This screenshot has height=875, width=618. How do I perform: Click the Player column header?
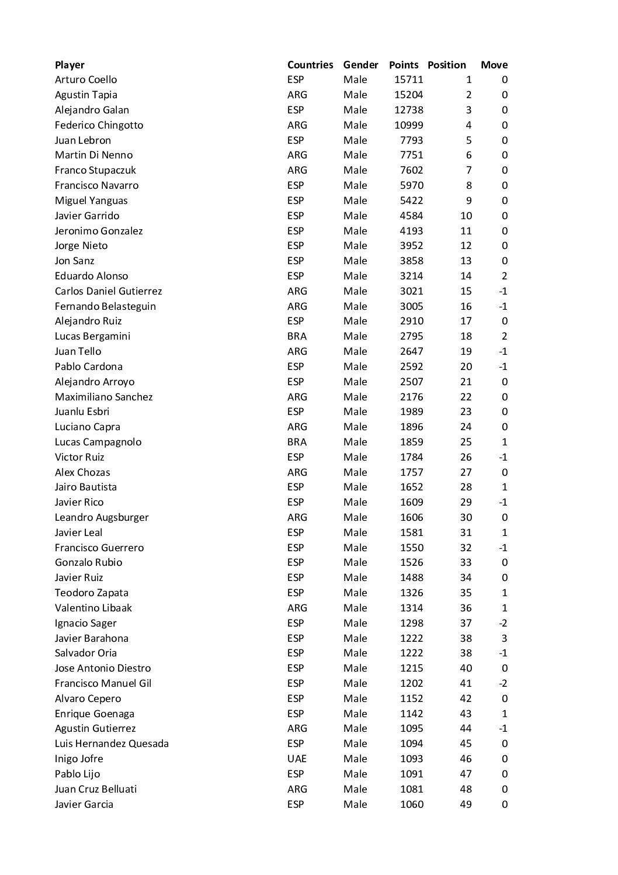(x=70, y=65)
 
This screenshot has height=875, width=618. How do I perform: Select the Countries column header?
(x=310, y=65)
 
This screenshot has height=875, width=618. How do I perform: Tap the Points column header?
(x=404, y=65)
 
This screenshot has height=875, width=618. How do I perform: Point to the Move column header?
(x=494, y=65)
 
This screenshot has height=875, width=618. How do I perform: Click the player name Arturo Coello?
(x=86, y=79)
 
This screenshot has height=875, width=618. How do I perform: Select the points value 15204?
(x=408, y=95)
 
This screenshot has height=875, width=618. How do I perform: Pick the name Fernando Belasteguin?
(x=105, y=306)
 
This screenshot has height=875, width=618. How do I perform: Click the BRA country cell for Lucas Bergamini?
(x=297, y=336)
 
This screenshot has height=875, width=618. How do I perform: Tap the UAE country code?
(x=297, y=759)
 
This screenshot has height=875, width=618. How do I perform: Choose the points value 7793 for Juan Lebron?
(x=411, y=140)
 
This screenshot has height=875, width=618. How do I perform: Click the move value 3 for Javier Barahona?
(x=504, y=638)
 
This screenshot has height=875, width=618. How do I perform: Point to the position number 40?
(x=466, y=668)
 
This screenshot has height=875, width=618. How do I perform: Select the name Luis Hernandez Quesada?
(x=112, y=743)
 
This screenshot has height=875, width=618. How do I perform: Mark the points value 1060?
(x=411, y=804)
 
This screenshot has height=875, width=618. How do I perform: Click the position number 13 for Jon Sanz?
(x=466, y=261)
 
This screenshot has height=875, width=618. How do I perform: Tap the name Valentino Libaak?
(x=93, y=608)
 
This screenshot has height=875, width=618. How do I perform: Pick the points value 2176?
(x=411, y=397)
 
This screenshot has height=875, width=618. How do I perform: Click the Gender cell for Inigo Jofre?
(x=355, y=759)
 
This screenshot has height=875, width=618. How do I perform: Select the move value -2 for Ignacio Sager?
(x=502, y=623)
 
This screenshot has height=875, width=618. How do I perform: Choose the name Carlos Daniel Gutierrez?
(x=108, y=291)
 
